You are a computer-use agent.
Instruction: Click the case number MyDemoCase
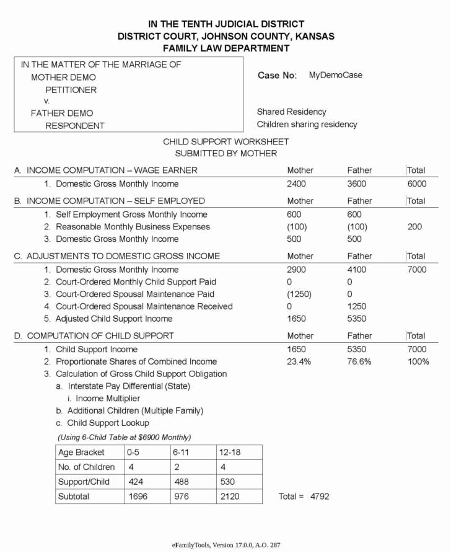coord(335,75)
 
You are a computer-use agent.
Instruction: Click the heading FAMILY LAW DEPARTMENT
coord(225,48)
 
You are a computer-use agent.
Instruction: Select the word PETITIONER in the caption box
coord(71,90)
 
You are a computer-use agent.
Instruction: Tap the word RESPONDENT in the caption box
coord(75,126)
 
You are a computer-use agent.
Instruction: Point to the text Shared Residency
coord(291,112)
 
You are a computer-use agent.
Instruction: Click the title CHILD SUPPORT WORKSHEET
coord(225,142)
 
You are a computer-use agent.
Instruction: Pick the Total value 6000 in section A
coord(417,184)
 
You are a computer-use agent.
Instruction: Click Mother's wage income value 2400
coord(296,184)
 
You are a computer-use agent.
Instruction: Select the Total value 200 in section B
coord(414,227)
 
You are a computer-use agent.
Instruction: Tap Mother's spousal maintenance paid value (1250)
coord(299,294)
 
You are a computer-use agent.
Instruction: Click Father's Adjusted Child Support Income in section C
coord(357,319)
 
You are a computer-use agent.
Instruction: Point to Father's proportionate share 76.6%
coord(359,362)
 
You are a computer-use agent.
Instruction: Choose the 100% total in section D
coord(418,362)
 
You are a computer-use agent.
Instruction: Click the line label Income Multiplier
coord(108,399)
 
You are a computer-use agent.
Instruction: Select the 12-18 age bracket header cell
coord(229,453)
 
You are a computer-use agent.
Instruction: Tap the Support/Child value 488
coord(182,482)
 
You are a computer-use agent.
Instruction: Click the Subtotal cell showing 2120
coord(229,497)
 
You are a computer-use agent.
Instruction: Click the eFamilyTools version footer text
coord(225,545)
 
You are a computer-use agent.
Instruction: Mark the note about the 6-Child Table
coord(125,437)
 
